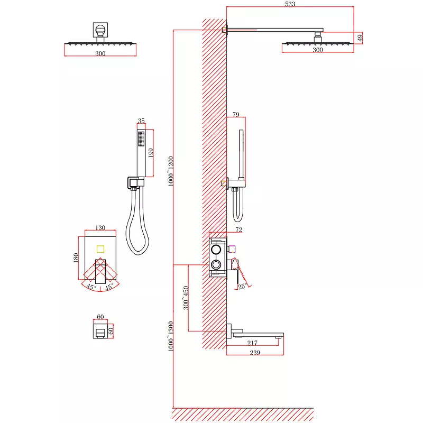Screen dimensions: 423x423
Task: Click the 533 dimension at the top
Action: coord(290,4)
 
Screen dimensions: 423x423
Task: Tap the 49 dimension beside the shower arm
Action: coord(360,38)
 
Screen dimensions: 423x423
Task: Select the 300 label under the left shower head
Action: coord(100,53)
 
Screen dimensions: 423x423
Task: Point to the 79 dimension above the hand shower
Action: coord(236,114)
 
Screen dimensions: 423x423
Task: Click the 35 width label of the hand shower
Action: coord(141,121)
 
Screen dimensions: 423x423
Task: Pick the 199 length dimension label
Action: coord(151,153)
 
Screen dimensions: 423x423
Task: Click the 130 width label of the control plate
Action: coord(100,227)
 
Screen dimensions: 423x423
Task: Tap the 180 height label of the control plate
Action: coord(76,258)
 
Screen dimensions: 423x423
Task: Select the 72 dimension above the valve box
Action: coord(239,229)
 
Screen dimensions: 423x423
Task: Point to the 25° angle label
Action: coord(242,286)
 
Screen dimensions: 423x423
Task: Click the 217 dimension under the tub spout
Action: coord(252,343)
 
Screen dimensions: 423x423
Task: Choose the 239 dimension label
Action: coord(255,352)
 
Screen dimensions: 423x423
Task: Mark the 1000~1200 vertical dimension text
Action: coord(171,171)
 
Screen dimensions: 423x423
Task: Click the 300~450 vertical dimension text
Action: coord(186,298)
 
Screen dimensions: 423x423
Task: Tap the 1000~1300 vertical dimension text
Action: coord(171,336)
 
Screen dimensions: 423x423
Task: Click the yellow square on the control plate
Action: coord(100,249)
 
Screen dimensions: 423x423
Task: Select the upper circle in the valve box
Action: coord(216,249)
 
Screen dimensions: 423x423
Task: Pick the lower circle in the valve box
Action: coord(216,264)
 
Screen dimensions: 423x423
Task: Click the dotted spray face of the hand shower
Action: coord(141,139)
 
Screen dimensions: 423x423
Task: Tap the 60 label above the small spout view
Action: coord(100,316)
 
